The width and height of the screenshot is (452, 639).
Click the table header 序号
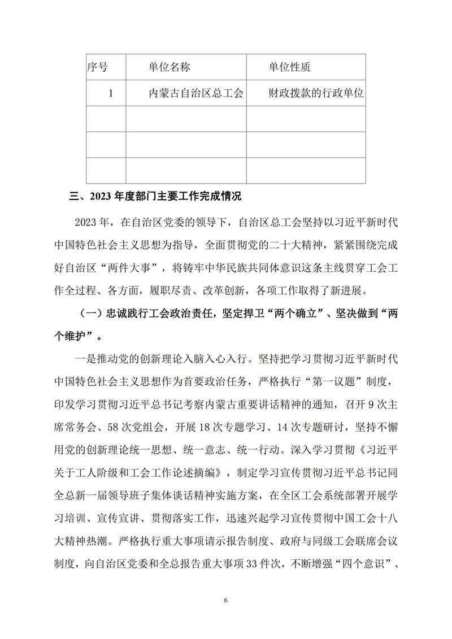click(98, 68)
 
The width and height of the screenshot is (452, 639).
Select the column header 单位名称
click(169, 68)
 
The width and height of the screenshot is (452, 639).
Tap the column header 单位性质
click(289, 68)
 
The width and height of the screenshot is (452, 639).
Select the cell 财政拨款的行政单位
click(315, 94)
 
